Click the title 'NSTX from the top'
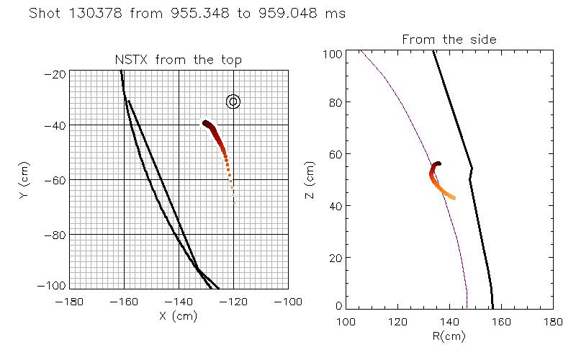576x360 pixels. (x=179, y=60)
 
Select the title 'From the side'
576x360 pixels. (x=449, y=39)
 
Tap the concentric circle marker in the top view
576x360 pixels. (x=233, y=102)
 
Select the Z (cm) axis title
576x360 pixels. (x=310, y=180)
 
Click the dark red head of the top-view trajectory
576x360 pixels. (x=206, y=124)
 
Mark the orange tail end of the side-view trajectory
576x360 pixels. (x=452, y=197)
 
